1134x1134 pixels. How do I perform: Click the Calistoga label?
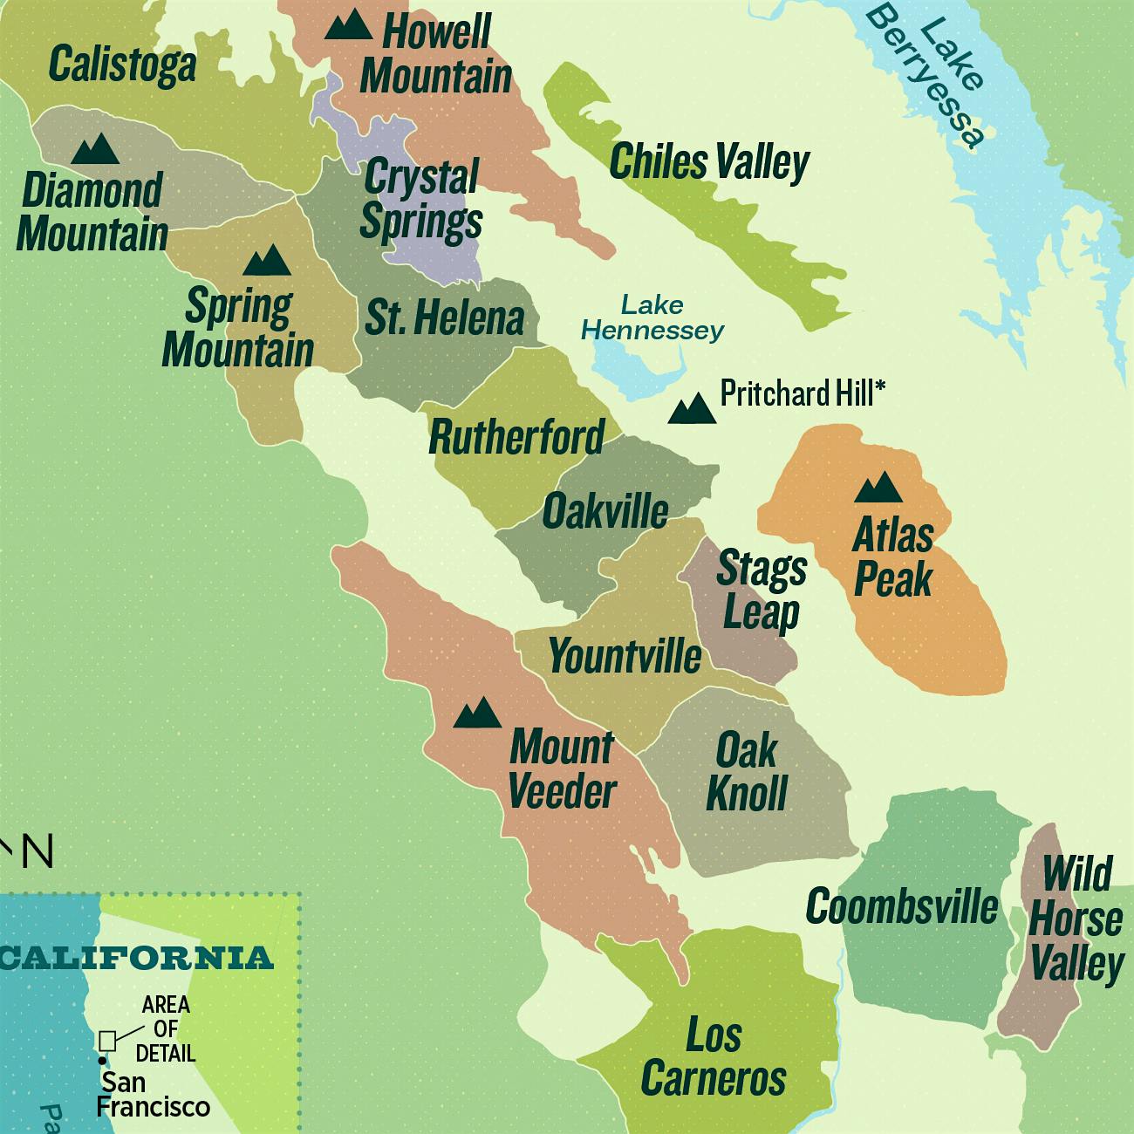tap(122, 65)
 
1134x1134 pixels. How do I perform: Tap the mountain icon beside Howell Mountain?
tap(348, 25)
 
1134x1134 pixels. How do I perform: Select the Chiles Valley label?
tap(709, 162)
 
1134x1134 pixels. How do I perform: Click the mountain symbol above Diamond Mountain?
tap(95, 150)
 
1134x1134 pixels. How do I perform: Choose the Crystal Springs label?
tap(421, 200)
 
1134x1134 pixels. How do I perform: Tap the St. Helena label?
tap(444, 318)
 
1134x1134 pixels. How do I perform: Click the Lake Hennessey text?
tap(652, 318)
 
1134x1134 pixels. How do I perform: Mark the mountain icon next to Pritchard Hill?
tap(692, 408)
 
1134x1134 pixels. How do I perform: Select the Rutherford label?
tap(516, 437)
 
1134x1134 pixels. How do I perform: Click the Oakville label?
tap(605, 511)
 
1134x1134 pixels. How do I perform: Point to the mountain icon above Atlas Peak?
tap(878, 488)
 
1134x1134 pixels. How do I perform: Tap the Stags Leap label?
tap(762, 591)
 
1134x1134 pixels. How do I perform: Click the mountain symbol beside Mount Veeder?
tap(478, 714)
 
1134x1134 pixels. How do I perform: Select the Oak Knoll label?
tap(747, 772)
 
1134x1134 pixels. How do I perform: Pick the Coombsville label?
tap(902, 907)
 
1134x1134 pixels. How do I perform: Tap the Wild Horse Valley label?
tap(1076, 919)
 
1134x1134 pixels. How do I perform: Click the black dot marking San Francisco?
tap(103, 1061)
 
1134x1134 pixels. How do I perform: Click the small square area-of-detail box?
tap(108, 1041)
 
